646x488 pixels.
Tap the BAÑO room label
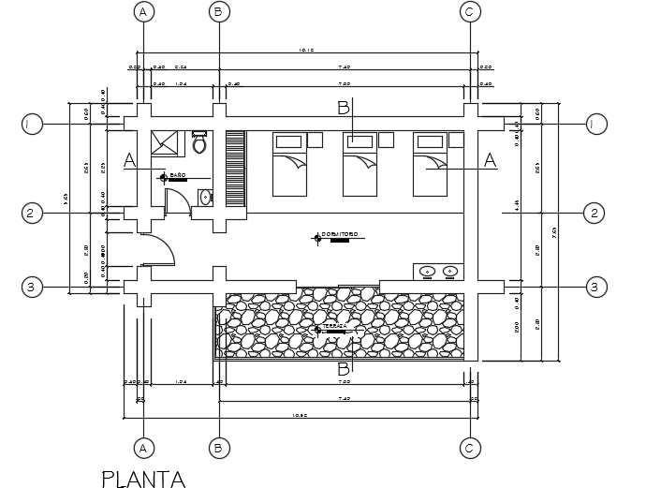coord(178,175)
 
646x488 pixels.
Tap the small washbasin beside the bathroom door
coord(206,197)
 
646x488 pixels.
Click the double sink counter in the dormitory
coord(438,272)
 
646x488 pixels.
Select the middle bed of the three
coord(360,164)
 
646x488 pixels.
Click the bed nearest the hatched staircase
coord(289,164)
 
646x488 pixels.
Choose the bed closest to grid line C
coord(432,164)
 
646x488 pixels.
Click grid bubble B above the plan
coord(217,11)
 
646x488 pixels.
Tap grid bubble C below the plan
coord(471,449)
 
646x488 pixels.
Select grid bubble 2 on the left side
coord(31,214)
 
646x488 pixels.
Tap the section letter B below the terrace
coord(344,368)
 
